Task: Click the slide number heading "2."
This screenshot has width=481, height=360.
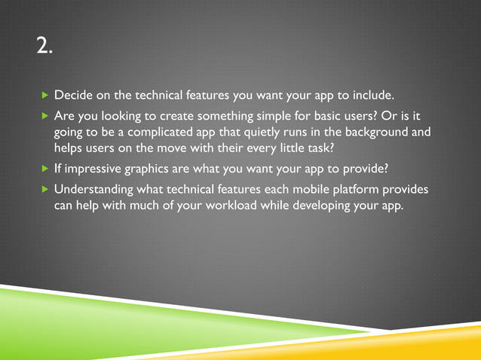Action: click(44, 47)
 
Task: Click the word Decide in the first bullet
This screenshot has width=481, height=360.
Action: click(72, 96)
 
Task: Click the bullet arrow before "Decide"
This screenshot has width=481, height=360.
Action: click(44, 96)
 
